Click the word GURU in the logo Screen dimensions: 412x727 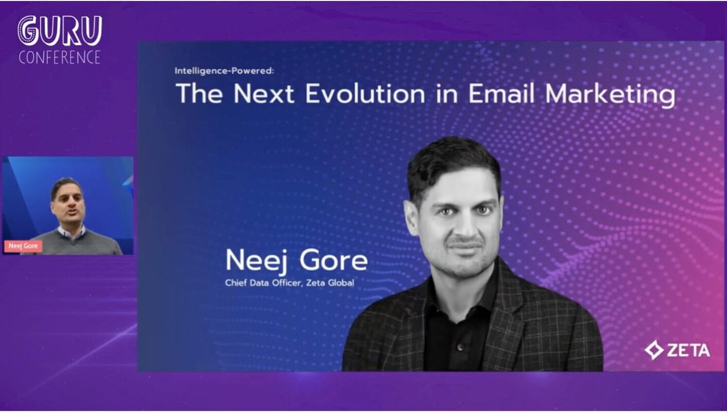click(x=60, y=31)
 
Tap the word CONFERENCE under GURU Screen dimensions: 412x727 click(x=59, y=57)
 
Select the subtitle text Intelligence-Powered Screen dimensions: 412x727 click(x=223, y=71)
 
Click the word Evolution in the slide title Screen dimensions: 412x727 click(x=365, y=94)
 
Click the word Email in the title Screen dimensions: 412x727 click(x=504, y=94)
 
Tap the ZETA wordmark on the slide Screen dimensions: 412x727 click(x=688, y=351)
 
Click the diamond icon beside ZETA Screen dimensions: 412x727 click(x=653, y=350)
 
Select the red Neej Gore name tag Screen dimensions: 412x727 click(x=23, y=246)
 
